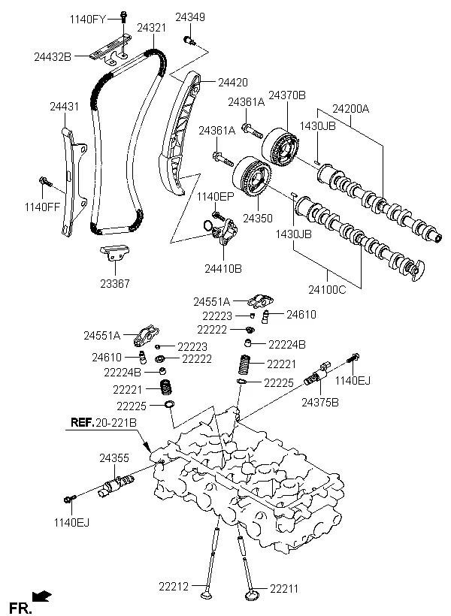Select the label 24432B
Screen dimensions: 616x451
[x=53, y=56]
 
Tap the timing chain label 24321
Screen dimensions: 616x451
[x=151, y=28]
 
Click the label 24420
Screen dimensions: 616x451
[x=233, y=82]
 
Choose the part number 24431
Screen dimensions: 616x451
[x=64, y=107]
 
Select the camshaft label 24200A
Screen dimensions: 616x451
[x=352, y=108]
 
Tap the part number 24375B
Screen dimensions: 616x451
[x=320, y=403]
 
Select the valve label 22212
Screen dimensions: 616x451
[x=174, y=585]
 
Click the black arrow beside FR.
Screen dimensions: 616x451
[x=44, y=597]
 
